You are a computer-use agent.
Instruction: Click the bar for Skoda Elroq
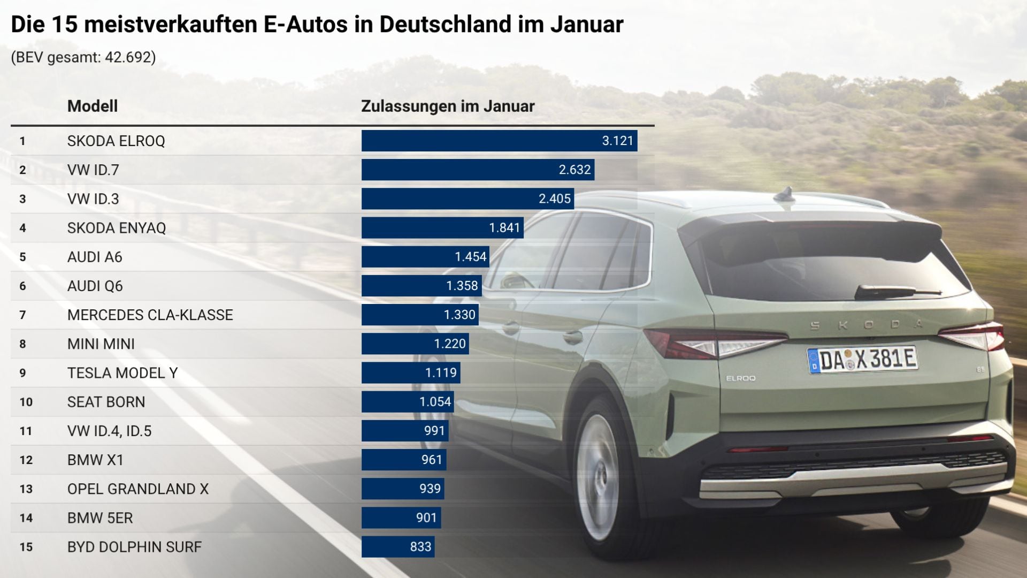coord(499,141)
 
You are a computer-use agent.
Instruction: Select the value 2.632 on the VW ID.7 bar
coord(574,170)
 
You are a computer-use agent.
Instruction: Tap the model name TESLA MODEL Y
coord(122,373)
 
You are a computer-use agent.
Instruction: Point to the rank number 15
coord(26,547)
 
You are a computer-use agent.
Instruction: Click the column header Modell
coord(92,106)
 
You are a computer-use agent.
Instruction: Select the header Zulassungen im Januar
coord(448,106)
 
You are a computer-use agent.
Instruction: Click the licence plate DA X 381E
coord(862,360)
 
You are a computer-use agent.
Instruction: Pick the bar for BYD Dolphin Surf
coord(397,547)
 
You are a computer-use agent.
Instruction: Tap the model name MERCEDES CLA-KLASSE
coord(150,315)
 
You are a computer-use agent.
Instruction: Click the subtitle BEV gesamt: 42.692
coord(83,57)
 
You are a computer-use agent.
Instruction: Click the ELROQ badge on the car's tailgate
coord(740,378)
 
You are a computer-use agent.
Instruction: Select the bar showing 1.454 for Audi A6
coord(425,257)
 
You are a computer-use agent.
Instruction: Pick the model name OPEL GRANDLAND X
coord(137,489)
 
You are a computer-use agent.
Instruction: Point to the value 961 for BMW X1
coord(431,460)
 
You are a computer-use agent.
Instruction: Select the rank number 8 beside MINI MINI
coord(22,344)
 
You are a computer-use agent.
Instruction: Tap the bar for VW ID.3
coord(467,199)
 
